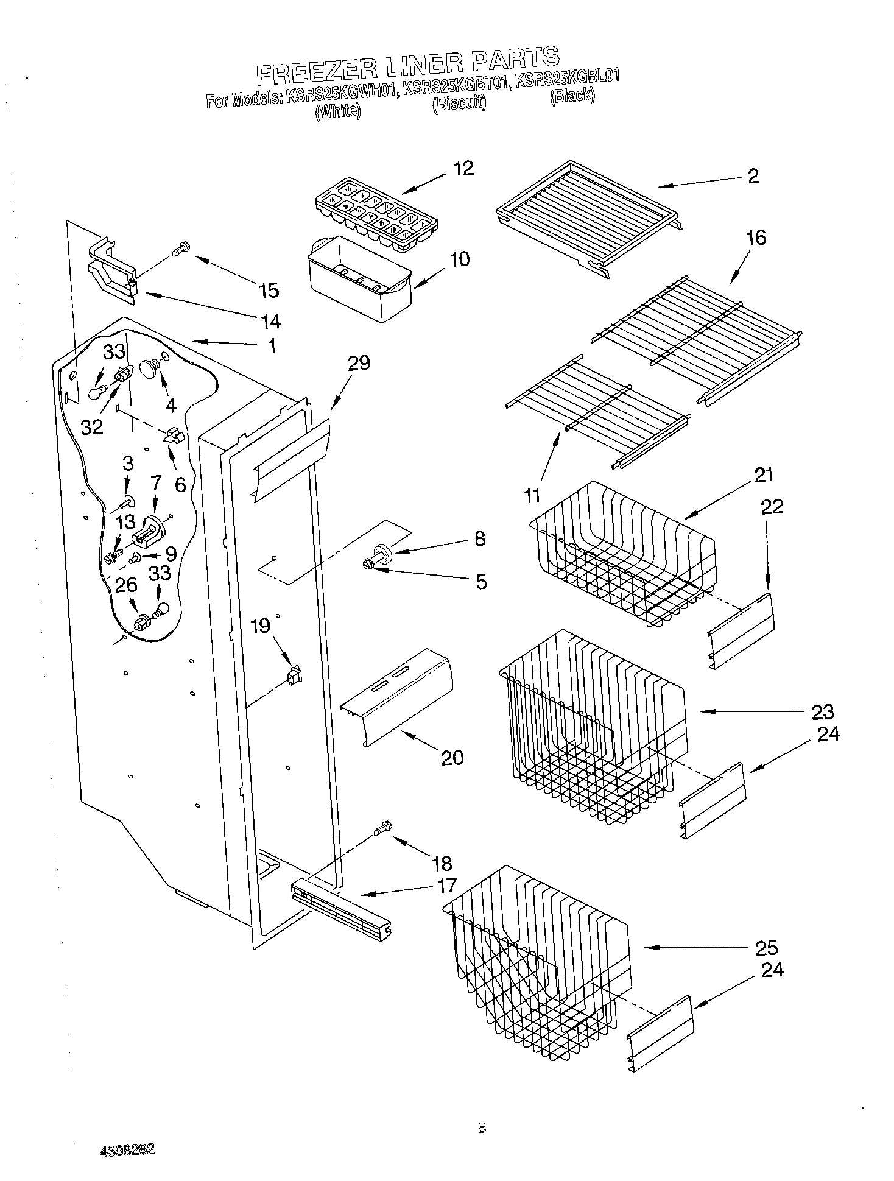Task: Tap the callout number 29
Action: pyautogui.click(x=358, y=364)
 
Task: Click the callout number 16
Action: pyautogui.click(x=755, y=238)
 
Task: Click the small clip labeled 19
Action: pyautogui.click(x=295, y=676)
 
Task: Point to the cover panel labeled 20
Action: pyautogui.click(x=396, y=694)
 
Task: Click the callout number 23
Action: pyautogui.click(x=822, y=711)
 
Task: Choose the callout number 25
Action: pyautogui.click(x=766, y=948)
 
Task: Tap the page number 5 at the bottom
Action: pyautogui.click(x=482, y=1129)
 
